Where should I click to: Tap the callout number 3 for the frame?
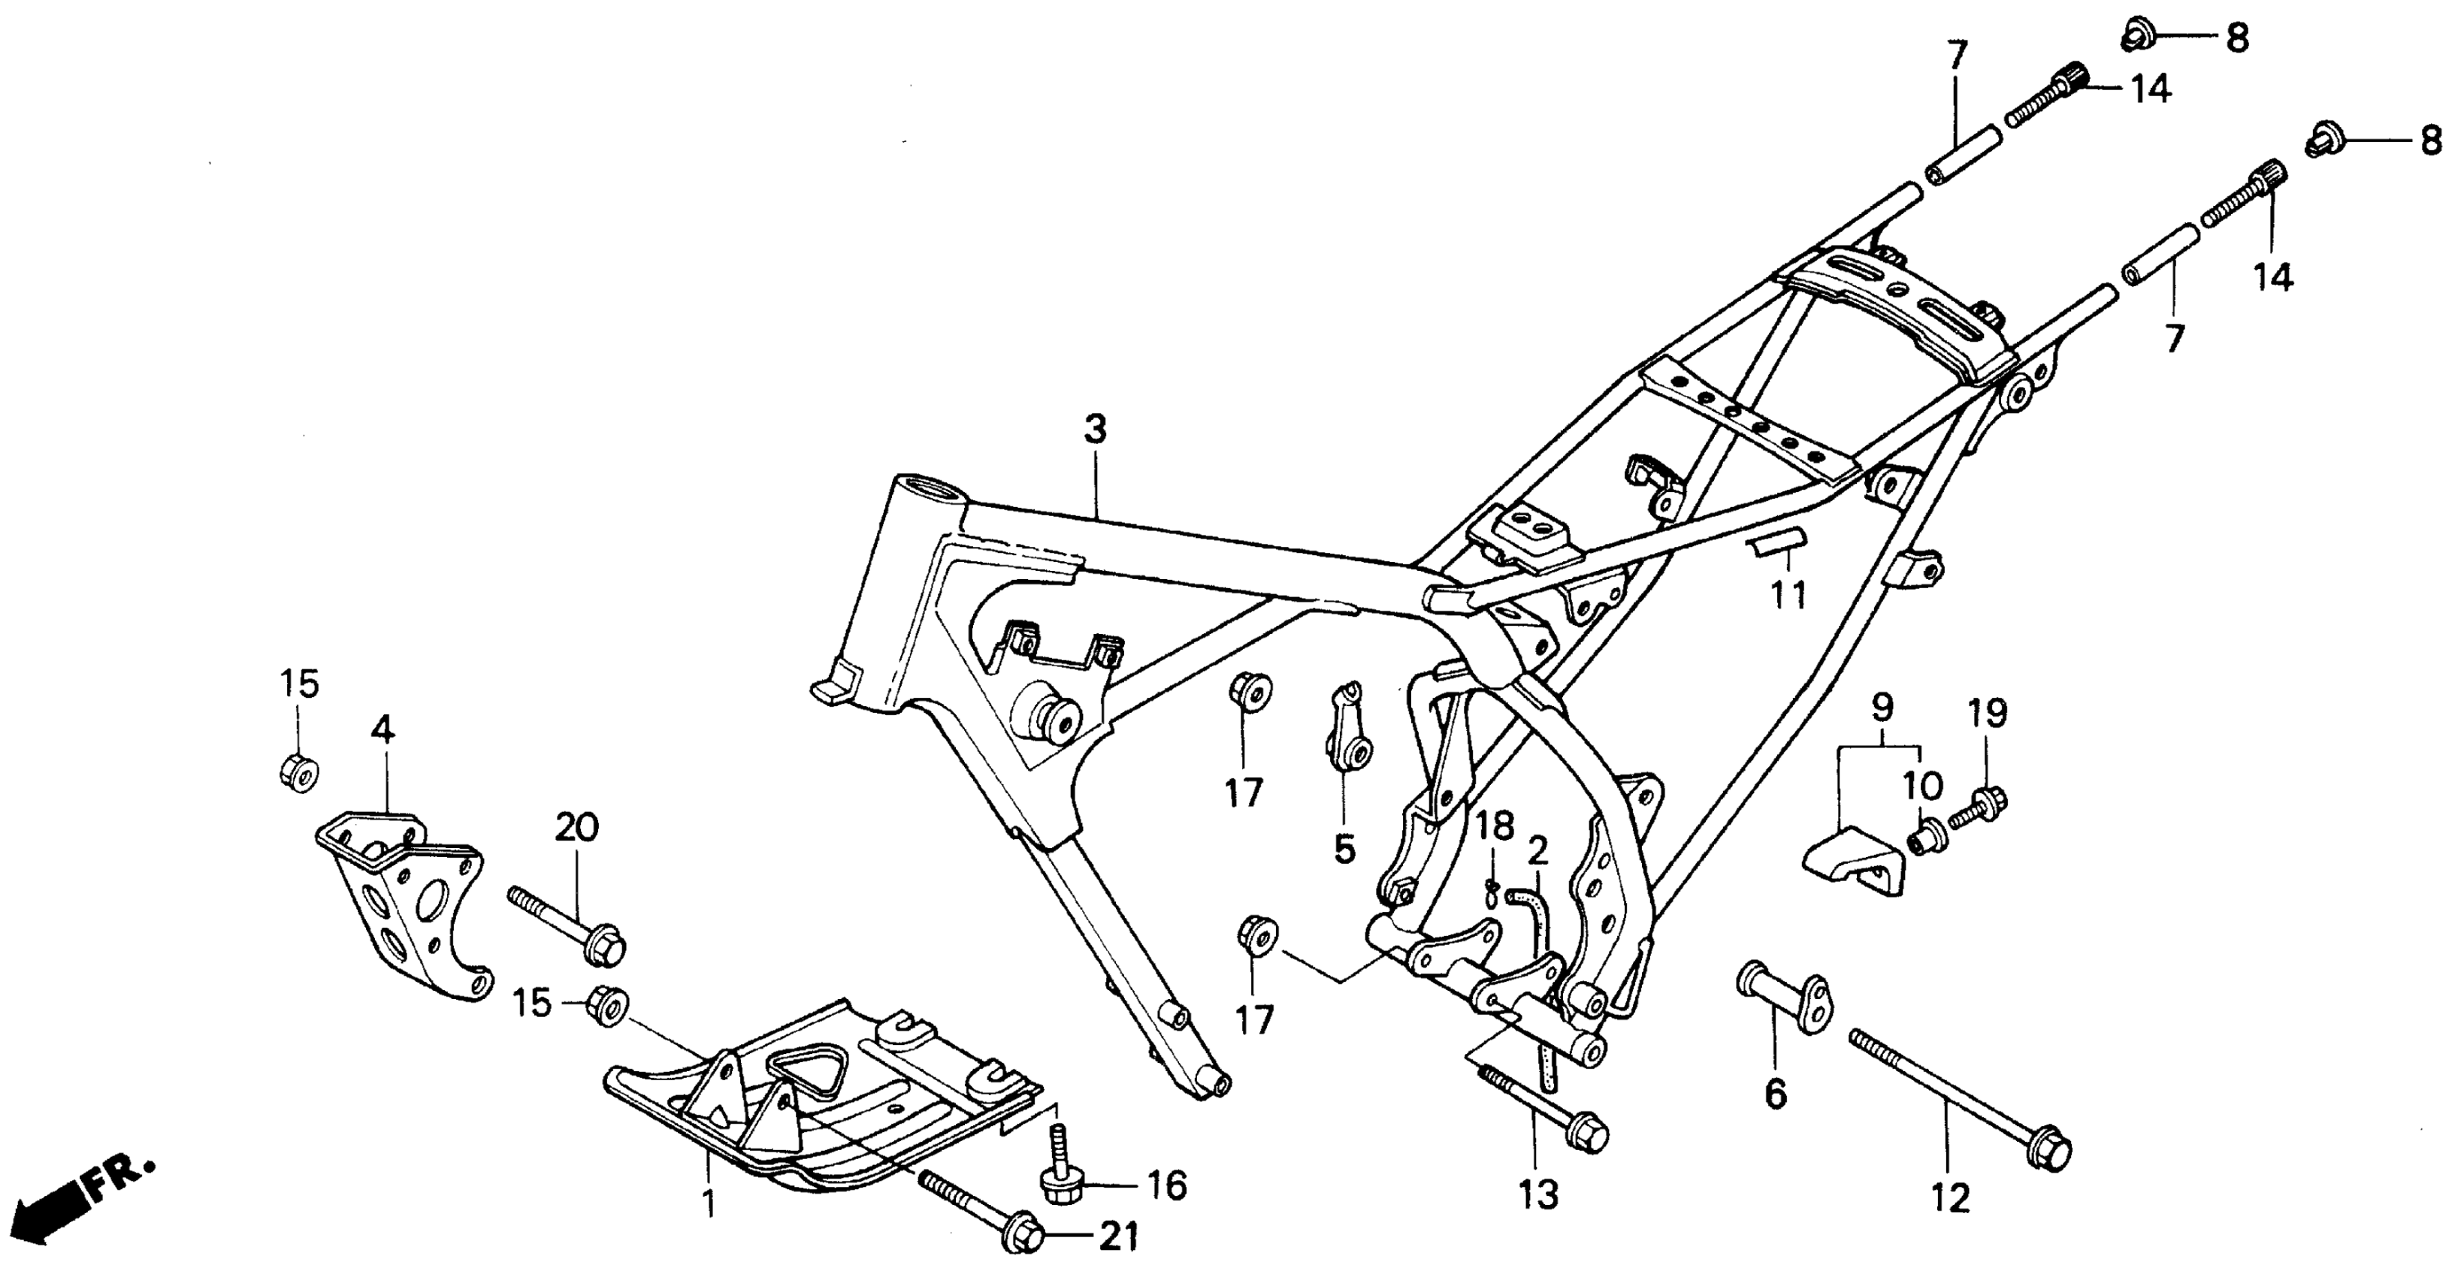(x=1095, y=430)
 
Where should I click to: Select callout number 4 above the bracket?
(x=382, y=730)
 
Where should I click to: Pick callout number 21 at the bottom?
(x=1119, y=1238)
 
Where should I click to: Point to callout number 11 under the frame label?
(x=1788, y=596)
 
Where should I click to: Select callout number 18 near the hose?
(x=1495, y=826)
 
